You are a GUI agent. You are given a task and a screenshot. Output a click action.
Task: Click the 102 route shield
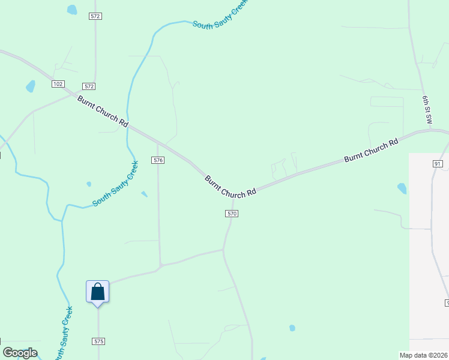tap(58, 84)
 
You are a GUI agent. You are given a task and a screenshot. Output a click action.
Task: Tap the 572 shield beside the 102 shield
tap(89, 87)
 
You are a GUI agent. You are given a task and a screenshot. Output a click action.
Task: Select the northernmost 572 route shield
tap(95, 16)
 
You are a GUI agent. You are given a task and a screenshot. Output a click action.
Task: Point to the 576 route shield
tap(158, 160)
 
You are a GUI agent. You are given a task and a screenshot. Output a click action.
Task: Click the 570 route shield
tap(232, 214)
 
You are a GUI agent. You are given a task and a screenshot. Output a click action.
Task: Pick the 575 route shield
tap(99, 341)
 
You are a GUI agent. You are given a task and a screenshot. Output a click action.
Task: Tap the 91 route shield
tap(437, 163)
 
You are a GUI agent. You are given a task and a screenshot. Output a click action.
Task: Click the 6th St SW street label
tap(427, 109)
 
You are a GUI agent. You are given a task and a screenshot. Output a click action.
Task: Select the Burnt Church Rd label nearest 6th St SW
tap(371, 151)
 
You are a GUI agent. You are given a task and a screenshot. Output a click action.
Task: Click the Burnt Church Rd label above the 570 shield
tap(231, 187)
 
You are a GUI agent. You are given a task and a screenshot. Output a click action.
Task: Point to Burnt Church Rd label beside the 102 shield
tap(103, 110)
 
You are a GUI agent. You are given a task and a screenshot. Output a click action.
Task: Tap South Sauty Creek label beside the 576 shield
tap(116, 184)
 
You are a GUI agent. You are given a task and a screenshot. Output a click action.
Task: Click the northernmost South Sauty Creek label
tap(219, 14)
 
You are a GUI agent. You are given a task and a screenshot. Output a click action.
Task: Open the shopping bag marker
tap(98, 293)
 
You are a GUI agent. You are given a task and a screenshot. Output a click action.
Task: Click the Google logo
tap(20, 353)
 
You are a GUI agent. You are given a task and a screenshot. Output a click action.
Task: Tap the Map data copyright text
tap(424, 355)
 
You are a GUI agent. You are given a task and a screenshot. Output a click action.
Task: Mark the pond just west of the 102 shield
tap(30, 86)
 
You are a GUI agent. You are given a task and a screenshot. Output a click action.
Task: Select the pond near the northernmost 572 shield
tap(72, 10)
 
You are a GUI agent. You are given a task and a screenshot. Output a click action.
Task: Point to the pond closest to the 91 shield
tap(402, 188)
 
